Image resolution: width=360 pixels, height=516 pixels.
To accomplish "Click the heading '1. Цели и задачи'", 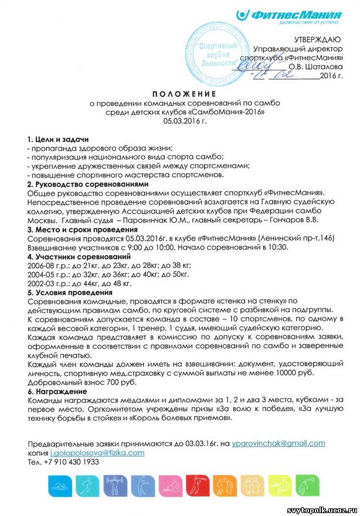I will pos(58,140).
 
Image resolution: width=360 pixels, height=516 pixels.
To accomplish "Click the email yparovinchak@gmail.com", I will pos(278,444).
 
